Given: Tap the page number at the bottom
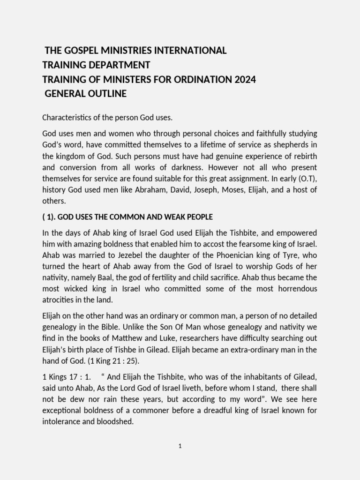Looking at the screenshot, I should pos(180,446).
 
